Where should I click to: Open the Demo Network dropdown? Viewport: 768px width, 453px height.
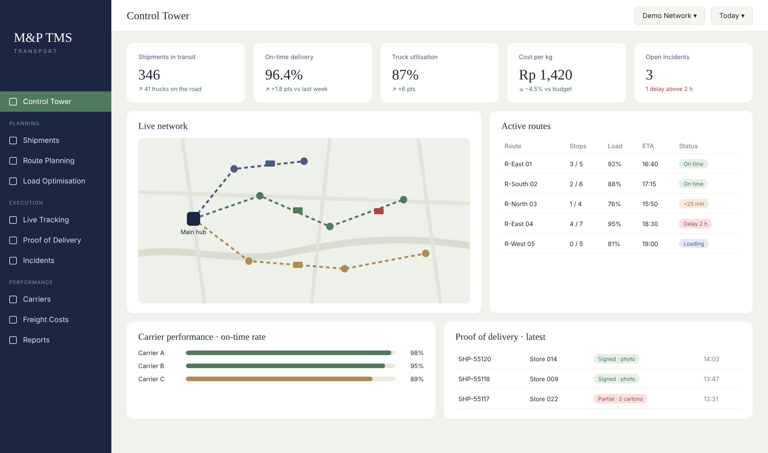tap(669, 16)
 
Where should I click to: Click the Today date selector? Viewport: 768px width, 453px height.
tap(732, 16)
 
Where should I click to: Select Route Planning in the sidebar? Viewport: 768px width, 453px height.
tap(49, 161)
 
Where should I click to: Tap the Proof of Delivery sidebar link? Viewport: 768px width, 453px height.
tap(52, 240)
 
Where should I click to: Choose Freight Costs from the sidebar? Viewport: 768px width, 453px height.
tap(46, 320)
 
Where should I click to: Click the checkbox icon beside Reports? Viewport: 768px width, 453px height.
tap(13, 340)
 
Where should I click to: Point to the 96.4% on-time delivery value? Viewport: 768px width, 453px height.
tap(284, 75)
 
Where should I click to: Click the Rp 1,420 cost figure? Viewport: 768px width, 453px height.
tap(545, 75)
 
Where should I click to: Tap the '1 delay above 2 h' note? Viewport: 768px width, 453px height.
tap(669, 89)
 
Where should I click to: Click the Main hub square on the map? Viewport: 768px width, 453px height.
tap(194, 219)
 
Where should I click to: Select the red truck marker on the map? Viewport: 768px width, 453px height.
tap(379, 211)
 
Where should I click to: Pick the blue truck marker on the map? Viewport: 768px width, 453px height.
tap(270, 164)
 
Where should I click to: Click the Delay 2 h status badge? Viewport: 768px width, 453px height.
tap(695, 224)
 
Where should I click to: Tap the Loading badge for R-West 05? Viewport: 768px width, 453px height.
tap(694, 244)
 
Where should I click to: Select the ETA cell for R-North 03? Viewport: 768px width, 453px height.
tap(650, 204)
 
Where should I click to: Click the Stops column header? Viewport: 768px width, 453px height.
tap(578, 146)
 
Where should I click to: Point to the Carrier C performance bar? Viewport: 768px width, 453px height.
tap(279, 379)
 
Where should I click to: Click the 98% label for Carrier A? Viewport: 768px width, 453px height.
tap(417, 353)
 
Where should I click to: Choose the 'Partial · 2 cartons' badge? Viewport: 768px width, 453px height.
tap(620, 399)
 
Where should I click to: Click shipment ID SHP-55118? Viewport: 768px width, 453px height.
tap(474, 379)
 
